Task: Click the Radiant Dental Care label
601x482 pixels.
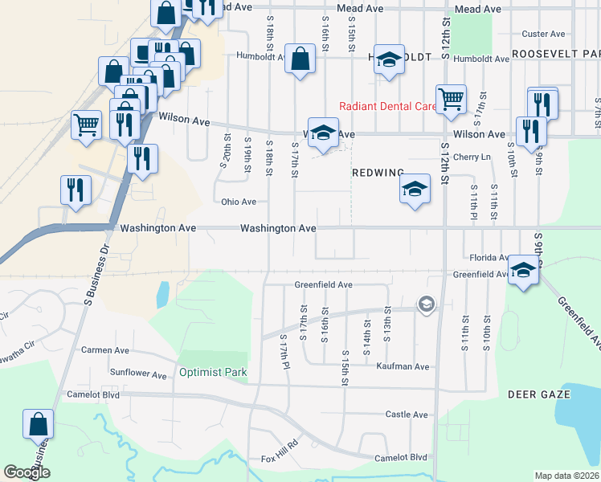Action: [x=386, y=106]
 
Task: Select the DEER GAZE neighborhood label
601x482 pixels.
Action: [x=538, y=394]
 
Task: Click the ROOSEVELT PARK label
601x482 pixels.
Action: [x=556, y=52]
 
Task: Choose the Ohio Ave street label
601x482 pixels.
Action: [x=239, y=202]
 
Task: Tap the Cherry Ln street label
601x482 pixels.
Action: [x=472, y=157]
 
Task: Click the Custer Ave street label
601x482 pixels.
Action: [x=543, y=34]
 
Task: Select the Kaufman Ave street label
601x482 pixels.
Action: [x=403, y=366]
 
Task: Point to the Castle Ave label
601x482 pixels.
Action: [x=407, y=415]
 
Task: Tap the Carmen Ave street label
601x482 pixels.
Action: [x=105, y=350]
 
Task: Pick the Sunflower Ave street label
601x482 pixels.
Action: [x=137, y=374]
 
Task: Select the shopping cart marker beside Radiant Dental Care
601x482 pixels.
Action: [x=451, y=100]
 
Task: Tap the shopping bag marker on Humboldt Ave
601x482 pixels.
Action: [x=300, y=59]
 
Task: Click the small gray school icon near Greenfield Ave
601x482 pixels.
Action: [x=424, y=304]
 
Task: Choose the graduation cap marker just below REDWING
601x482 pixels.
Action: [x=414, y=190]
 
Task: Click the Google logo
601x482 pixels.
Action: [x=27, y=472]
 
